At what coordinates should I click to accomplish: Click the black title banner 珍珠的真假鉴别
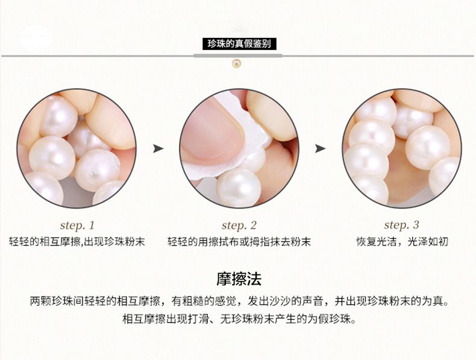coord(239,44)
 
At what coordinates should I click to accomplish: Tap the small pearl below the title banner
coord(236,63)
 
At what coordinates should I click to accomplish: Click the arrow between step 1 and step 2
coord(158,148)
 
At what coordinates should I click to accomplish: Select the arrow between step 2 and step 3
coord(320,148)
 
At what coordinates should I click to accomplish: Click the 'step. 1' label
coord(77,226)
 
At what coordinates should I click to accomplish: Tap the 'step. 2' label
coord(239,226)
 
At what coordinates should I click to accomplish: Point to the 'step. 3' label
coord(401,225)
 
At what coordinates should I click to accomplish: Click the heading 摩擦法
coord(239,279)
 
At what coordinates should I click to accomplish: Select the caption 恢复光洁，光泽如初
coord(402,242)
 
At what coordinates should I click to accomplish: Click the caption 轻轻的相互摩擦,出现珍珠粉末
coord(77,242)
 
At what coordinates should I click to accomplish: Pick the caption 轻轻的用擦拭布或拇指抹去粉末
coord(239,242)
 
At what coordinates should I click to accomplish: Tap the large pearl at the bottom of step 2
coord(239,188)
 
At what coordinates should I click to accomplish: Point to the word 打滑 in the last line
coord(198,318)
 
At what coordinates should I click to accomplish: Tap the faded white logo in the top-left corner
coord(36,39)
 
